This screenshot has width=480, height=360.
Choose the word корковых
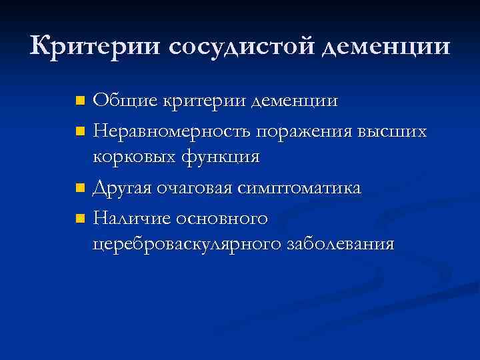(x=133, y=158)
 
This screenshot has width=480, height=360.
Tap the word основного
(x=223, y=217)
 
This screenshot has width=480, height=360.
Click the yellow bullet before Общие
(x=80, y=102)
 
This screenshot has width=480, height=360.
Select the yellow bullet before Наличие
(x=80, y=218)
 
